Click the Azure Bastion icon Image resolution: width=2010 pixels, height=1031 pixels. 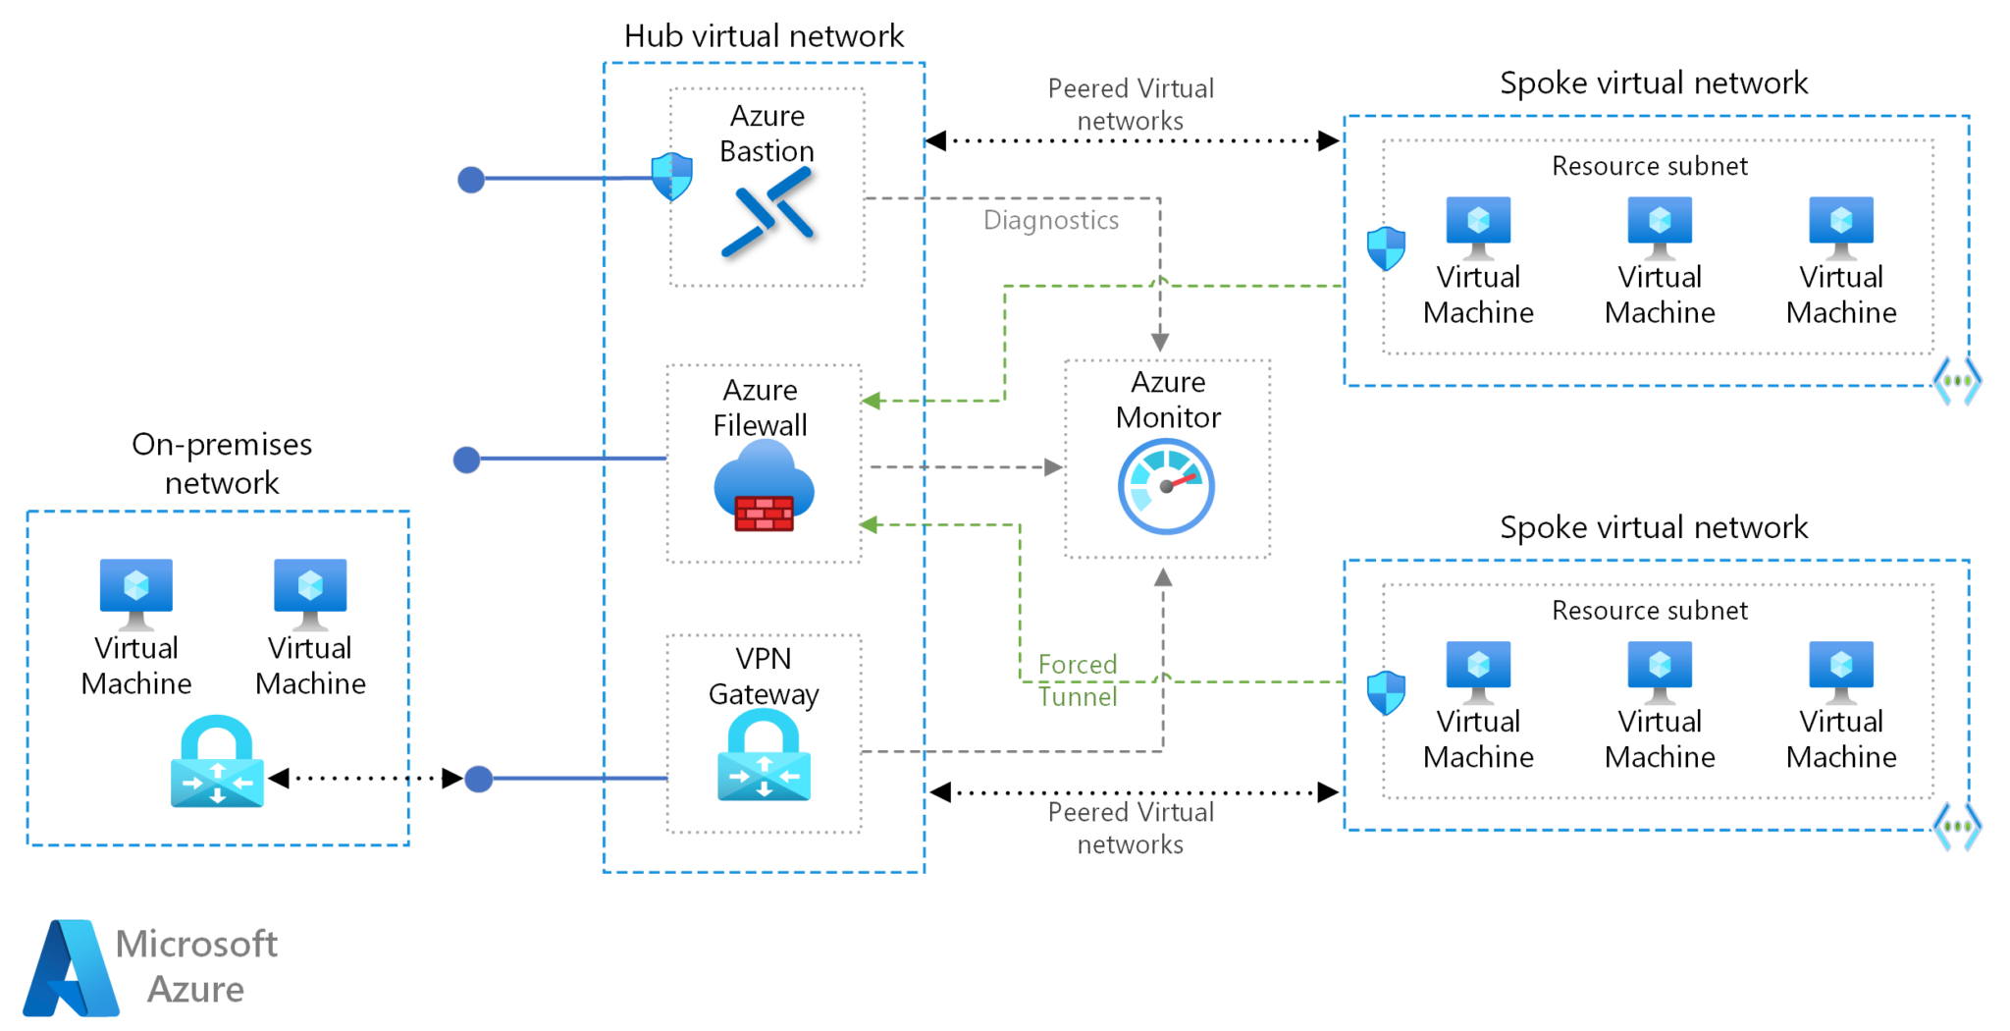pos(767,212)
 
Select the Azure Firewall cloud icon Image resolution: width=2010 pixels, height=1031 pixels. pos(764,485)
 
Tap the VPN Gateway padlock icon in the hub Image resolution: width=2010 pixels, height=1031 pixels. pos(764,755)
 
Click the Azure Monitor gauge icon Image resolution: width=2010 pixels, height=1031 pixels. pos(1166,486)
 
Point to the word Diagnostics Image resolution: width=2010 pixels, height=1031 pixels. pos(1050,220)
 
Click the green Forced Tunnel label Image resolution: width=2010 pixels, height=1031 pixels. pos(1078,680)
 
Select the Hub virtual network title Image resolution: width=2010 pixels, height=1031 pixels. pos(764,36)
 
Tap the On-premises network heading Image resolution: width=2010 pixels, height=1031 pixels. pos(222,462)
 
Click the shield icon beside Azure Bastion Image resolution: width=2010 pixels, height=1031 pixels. pos(672,176)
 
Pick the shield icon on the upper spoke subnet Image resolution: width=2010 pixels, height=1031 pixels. pos(1386,248)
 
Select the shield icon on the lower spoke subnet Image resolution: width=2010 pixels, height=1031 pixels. pos(1386,692)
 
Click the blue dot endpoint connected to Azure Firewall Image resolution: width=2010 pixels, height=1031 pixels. pos(467,460)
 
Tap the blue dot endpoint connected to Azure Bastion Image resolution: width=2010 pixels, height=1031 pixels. pos(471,180)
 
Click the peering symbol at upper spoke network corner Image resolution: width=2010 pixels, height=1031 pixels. pos(1957,381)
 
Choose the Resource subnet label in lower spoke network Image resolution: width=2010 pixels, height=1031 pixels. pos(1649,611)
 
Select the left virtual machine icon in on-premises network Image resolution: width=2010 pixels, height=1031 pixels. pos(136,592)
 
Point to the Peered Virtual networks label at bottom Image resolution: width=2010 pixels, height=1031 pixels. pos(1131,828)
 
